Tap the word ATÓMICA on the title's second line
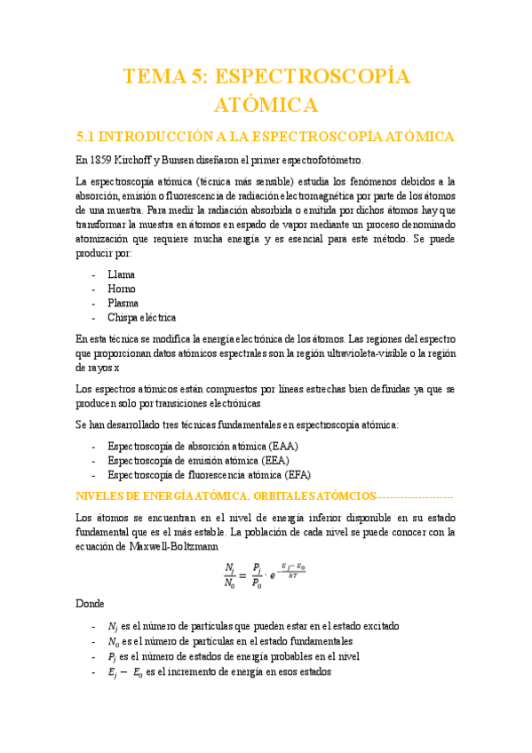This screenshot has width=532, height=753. (x=266, y=107)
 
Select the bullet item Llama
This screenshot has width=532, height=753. (x=122, y=274)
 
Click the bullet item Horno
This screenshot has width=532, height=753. (x=122, y=289)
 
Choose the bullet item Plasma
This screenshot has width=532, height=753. (x=123, y=303)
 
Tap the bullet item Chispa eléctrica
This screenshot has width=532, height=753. (x=141, y=317)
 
